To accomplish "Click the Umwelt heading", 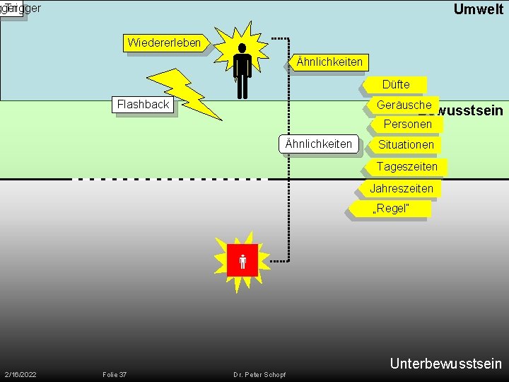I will tap(478, 9).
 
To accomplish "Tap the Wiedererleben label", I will tap(165, 43).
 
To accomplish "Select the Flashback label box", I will tap(143, 105).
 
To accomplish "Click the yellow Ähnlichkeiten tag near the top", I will tap(329, 62).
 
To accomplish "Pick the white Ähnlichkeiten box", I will tap(318, 144).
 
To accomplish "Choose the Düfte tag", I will tap(396, 85).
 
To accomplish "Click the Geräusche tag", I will tap(404, 105).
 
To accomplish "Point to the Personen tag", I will tap(407, 125).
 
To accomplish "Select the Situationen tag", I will tap(406, 145).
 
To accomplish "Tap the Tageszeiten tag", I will tap(406, 167).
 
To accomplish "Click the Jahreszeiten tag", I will tap(402, 189).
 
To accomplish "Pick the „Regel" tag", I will tap(390, 209).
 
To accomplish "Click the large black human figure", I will tap(242, 71).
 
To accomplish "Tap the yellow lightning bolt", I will tap(185, 93).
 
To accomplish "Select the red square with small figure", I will tap(242, 262).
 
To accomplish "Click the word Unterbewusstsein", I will tap(445, 364).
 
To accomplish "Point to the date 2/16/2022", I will tap(21, 374).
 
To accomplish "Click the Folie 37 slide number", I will tap(115, 374).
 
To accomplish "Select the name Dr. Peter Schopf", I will tap(260, 374).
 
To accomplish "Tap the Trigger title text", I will tap(23, 8).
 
